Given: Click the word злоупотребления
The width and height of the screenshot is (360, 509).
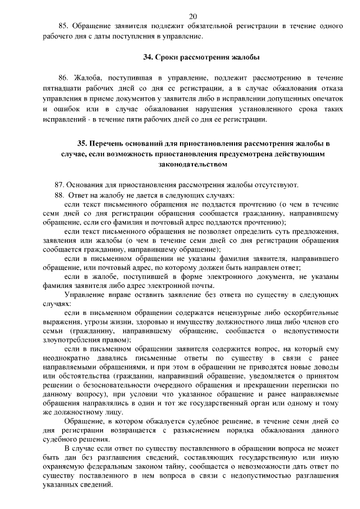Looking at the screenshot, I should pyautogui.click(x=71, y=340).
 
